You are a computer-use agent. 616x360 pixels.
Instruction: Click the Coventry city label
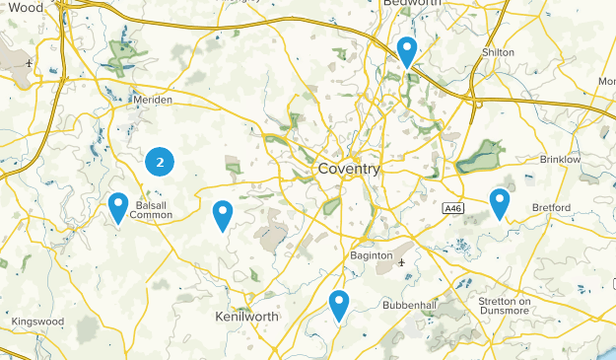349,170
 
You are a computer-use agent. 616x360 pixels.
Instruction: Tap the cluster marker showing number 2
160,162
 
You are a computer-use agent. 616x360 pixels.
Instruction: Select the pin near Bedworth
406,50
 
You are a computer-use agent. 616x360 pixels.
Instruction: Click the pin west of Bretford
500,203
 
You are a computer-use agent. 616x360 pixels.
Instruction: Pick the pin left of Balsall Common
118,207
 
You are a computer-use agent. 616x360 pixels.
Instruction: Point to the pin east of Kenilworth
339,305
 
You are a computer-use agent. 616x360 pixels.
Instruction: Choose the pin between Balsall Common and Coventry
223,214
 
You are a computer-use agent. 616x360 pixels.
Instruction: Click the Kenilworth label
246,317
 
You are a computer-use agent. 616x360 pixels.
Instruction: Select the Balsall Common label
151,210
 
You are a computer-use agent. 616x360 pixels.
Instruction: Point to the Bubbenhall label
409,305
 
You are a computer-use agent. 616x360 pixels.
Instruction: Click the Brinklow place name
559,159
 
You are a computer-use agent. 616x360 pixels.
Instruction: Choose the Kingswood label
36,322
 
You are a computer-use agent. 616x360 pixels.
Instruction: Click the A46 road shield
452,207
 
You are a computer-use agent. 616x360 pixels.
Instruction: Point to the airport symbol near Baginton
401,262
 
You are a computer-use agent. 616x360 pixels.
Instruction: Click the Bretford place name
551,208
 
